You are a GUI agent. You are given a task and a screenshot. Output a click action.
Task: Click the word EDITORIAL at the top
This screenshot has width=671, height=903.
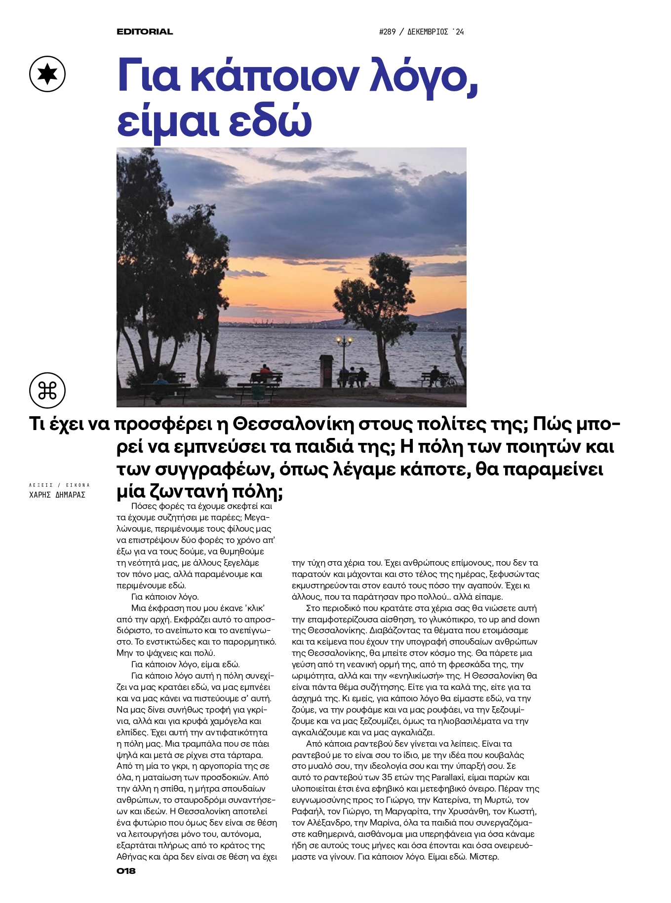click(x=145, y=32)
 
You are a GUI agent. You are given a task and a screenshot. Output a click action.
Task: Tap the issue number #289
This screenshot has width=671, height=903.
click(x=388, y=32)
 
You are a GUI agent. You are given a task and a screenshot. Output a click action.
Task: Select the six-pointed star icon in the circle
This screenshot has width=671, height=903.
click(x=47, y=74)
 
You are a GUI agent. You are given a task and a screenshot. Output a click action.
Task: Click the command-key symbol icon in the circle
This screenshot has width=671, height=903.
click(x=47, y=391)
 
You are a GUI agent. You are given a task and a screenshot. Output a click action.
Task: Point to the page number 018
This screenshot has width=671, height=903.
click(x=126, y=871)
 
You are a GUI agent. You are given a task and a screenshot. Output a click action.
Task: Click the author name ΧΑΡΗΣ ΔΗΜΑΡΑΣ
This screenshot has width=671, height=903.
click(x=57, y=495)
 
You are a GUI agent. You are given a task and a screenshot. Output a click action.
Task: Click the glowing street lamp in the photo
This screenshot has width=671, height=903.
click(x=344, y=340)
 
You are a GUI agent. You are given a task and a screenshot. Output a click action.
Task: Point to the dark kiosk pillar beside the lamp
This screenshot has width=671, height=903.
click(x=326, y=370)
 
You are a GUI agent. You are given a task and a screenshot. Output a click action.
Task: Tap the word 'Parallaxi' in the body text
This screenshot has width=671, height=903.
click(x=449, y=778)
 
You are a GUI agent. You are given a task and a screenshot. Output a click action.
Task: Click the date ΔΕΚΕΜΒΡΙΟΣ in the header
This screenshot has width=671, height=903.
click(x=428, y=32)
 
